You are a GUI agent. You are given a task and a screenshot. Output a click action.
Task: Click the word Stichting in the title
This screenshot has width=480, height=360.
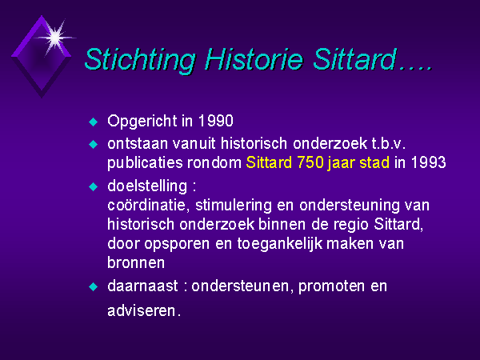(x=140, y=60)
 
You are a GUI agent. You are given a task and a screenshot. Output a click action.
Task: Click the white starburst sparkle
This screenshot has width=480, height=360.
(x=55, y=38)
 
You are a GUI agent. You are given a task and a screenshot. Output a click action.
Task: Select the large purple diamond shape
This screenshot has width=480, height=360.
(x=42, y=57)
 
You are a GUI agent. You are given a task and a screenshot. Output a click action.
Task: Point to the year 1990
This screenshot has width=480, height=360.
(x=216, y=121)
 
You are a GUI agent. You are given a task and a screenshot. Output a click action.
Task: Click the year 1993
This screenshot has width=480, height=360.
(x=428, y=162)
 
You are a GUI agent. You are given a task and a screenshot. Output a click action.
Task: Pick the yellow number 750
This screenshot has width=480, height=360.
(x=310, y=162)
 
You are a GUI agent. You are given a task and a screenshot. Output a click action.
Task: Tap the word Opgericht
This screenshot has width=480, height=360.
(x=142, y=122)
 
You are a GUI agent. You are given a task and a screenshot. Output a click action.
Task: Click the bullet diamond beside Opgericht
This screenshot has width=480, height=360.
(x=93, y=122)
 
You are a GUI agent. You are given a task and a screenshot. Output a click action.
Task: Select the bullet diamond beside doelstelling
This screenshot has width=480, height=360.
(x=93, y=186)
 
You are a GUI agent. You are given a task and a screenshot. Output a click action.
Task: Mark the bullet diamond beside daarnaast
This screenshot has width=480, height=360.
(x=93, y=287)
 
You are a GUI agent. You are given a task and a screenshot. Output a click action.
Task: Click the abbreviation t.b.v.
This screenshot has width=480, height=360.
(x=389, y=143)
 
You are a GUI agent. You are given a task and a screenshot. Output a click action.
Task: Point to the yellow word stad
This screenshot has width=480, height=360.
(x=374, y=162)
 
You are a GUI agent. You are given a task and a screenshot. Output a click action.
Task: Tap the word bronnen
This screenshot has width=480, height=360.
(x=136, y=262)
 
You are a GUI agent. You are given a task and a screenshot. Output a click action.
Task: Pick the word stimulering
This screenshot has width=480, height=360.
(x=234, y=206)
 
